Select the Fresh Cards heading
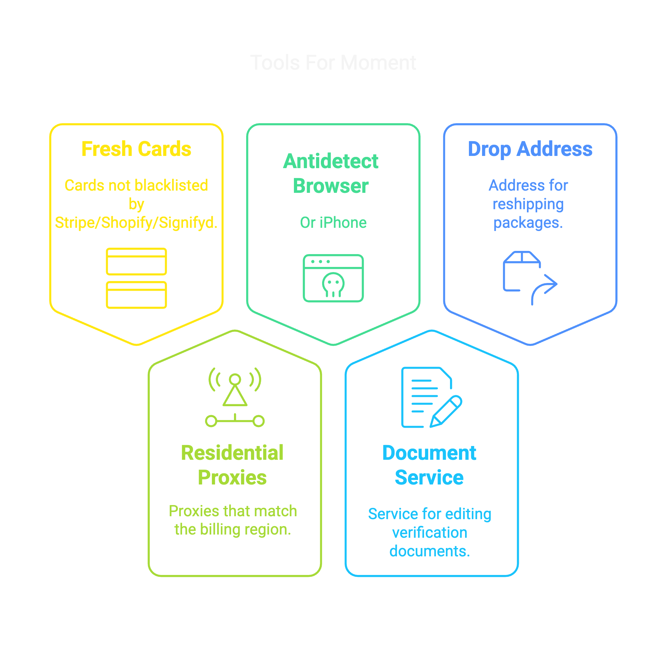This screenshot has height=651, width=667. [136, 149]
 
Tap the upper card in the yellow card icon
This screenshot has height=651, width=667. [136, 261]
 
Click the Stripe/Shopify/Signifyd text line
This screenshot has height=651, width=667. [136, 223]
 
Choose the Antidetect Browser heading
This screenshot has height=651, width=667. [330, 173]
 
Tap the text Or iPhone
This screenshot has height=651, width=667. [333, 223]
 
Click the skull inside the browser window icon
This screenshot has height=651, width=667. [333, 284]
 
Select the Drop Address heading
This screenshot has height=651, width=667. [530, 149]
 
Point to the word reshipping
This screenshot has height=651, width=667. [528, 204]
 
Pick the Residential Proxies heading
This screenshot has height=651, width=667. [232, 465]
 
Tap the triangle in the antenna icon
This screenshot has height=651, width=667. [235, 397]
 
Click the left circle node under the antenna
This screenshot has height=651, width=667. [211, 421]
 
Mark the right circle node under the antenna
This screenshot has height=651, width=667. [259, 421]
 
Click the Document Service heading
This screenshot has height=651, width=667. [429, 465]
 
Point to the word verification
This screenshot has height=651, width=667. [429, 533]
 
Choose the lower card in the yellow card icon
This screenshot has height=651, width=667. [136, 295]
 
